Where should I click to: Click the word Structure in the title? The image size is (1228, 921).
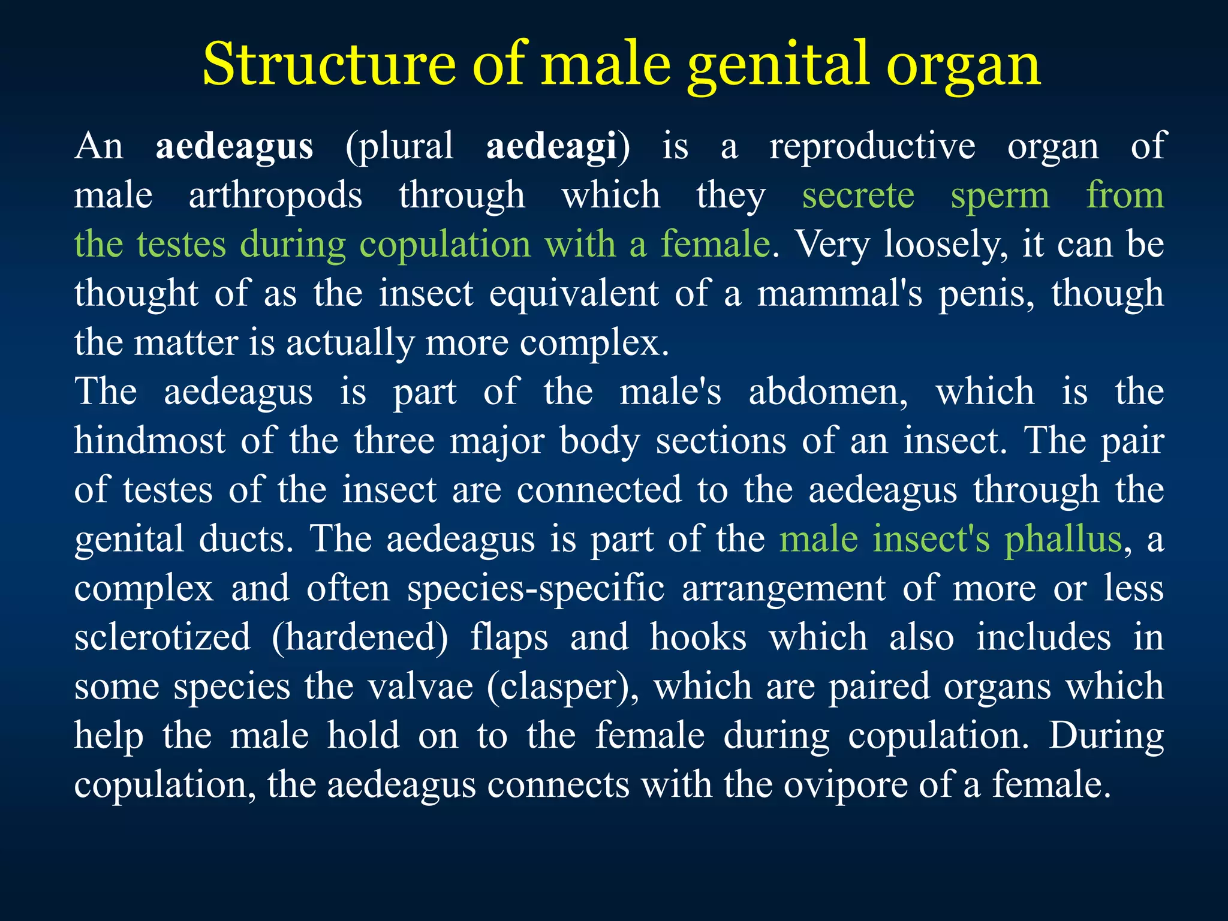click(329, 65)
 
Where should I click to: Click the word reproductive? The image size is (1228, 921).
click(872, 146)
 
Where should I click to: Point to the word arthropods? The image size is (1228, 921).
click(275, 196)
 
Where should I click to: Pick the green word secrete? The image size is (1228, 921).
click(858, 195)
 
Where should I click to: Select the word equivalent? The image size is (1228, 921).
click(574, 294)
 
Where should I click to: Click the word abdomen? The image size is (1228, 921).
click(828, 392)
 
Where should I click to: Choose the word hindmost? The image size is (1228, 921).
click(150, 441)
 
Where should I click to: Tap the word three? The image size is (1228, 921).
click(394, 441)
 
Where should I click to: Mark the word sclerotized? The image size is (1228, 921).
click(162, 637)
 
